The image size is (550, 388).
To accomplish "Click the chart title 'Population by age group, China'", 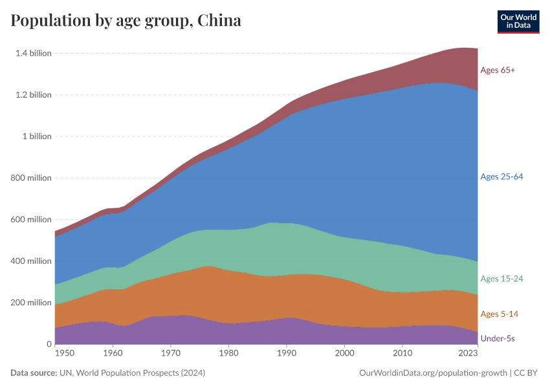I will pos(126,21).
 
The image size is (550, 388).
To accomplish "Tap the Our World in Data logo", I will pos(518,21).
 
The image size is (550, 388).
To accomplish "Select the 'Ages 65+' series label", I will pos(498,70).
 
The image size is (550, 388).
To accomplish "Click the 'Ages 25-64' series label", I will pos(501,177).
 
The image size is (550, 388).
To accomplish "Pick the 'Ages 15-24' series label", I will pos(501,279).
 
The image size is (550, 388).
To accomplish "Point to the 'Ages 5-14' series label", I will pos(499,314).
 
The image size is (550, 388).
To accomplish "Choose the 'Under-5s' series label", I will pos(498,338).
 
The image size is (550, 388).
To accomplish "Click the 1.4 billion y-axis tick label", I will pos(33,53).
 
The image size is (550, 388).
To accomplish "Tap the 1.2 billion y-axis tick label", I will pos(33,95).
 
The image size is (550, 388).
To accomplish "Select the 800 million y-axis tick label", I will pos(30,178).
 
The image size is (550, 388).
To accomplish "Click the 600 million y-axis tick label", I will pos(30,220).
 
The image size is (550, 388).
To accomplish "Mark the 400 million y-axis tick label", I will pos(30,261).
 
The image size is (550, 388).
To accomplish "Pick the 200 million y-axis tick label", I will pos(30,303).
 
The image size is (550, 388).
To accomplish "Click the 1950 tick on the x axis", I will pos(63,354).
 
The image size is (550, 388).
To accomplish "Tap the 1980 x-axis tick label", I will pos(228,354).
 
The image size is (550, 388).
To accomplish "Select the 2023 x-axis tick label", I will pos(468,354).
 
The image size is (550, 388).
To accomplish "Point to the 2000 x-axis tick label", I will pos(345,354).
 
